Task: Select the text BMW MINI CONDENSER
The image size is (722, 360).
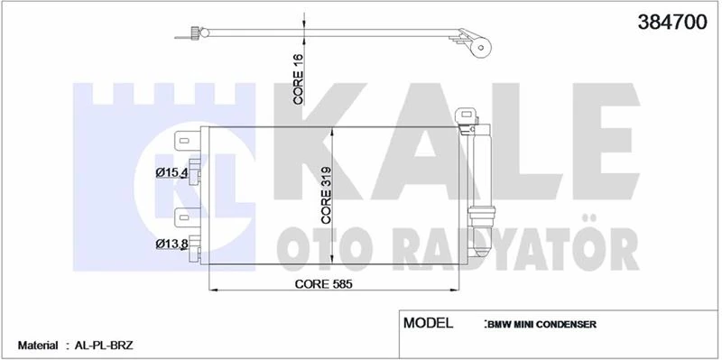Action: pyautogui.click(x=540, y=325)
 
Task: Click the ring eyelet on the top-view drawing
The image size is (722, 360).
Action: pyautogui.click(x=485, y=49)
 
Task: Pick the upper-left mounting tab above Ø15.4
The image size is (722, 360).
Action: pyautogui.click(x=182, y=140)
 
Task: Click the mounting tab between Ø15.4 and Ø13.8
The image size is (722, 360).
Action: pyautogui.click(x=182, y=216)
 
